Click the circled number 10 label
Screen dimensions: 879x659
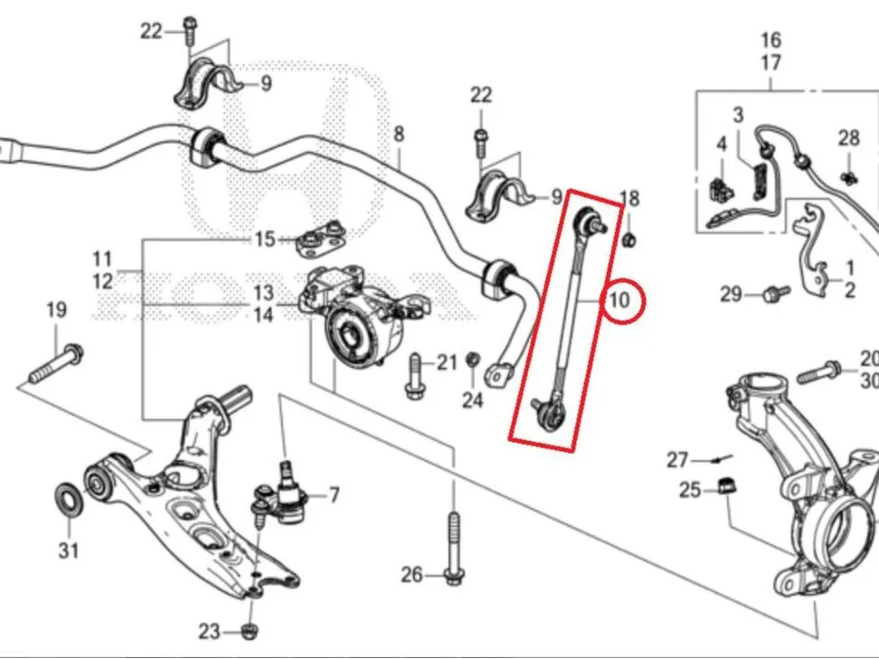coord(620,300)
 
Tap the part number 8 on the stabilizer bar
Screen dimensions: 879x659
coord(399,134)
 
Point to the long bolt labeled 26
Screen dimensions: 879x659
coord(453,550)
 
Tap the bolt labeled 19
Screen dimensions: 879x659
coord(56,363)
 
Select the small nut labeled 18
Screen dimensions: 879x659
coord(629,240)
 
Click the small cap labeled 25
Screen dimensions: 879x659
coord(728,485)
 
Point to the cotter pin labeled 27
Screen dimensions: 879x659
coord(722,459)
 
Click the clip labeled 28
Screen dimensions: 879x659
coord(849,177)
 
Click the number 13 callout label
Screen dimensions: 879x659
coord(263,293)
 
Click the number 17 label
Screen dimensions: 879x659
coord(770,62)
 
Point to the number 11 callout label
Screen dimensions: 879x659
coord(102,259)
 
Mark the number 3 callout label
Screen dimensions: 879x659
coord(738,115)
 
